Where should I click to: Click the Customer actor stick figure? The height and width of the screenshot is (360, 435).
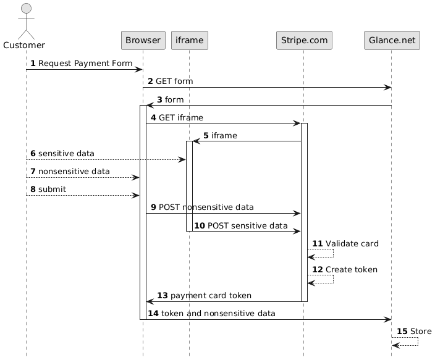[x=26, y=22]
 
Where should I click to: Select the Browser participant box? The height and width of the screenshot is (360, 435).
[x=143, y=40]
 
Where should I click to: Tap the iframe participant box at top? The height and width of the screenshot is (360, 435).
[x=189, y=40]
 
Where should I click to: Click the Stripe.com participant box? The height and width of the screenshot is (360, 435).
[x=303, y=40]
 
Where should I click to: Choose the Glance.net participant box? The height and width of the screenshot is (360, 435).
[x=392, y=40]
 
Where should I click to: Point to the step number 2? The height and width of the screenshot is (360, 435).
[x=150, y=82]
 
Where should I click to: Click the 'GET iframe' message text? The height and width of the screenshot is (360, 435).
[x=181, y=117]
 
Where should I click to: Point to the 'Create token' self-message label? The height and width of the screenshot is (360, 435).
[x=351, y=270]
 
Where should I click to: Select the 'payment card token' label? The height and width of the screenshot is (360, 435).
[x=211, y=296]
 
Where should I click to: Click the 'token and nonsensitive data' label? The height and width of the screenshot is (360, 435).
[x=217, y=314]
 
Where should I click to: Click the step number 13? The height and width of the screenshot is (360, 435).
[x=162, y=296]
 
